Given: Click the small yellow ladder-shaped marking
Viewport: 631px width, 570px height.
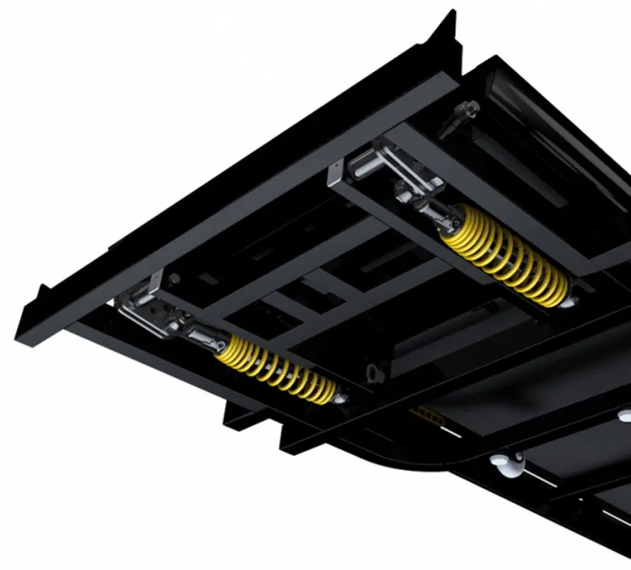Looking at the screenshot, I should click(427, 413).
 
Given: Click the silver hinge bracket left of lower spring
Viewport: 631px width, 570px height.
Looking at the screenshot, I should click(142, 313).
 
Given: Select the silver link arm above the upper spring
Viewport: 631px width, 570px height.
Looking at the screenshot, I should click(398, 167).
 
